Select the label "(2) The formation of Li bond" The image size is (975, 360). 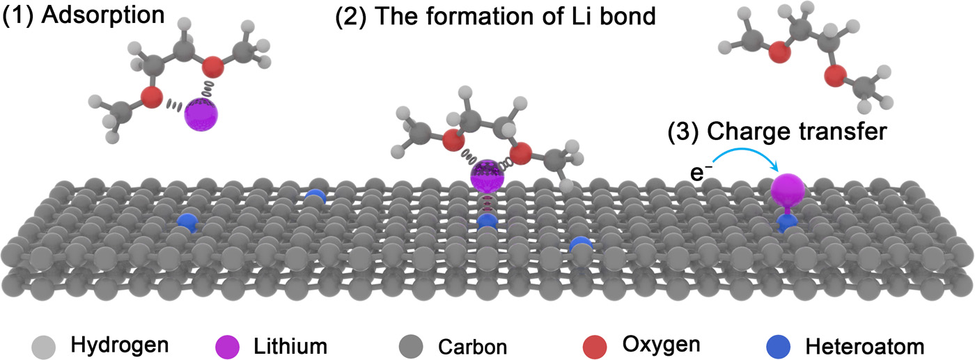click(x=496, y=16)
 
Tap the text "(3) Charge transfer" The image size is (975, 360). click(x=777, y=131)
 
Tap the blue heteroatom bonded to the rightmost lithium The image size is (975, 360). click(x=788, y=222)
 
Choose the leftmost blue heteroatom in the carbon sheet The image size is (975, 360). click(x=186, y=222)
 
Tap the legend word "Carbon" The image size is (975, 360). click(x=462, y=345)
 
